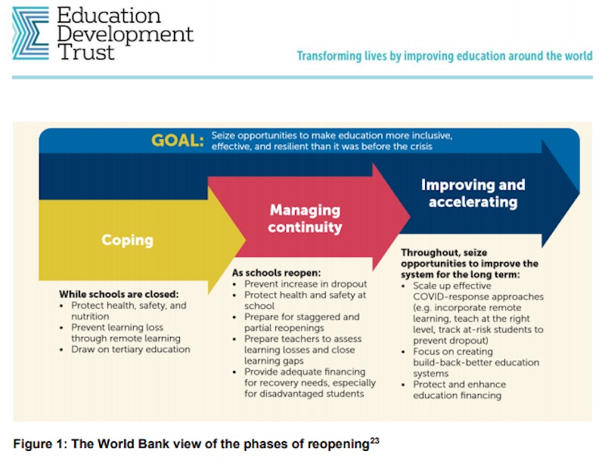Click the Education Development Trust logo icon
click(30, 33)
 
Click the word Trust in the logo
click(85, 52)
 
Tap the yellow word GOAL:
click(178, 140)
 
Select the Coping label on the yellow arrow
click(127, 239)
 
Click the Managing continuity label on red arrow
click(305, 218)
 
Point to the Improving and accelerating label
click(473, 193)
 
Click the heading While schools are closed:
click(119, 294)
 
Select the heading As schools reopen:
click(276, 273)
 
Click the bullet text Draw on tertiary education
click(131, 349)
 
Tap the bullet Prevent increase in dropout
click(306, 284)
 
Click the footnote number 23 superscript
click(374, 440)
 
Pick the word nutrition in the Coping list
click(90, 316)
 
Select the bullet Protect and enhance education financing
click(459, 390)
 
